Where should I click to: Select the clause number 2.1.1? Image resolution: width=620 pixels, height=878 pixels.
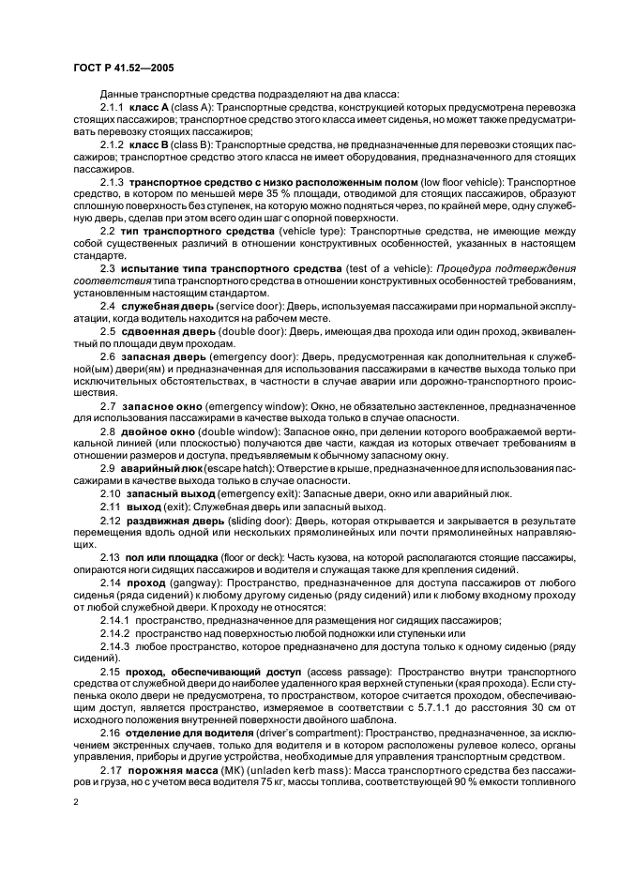tap(113, 109)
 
